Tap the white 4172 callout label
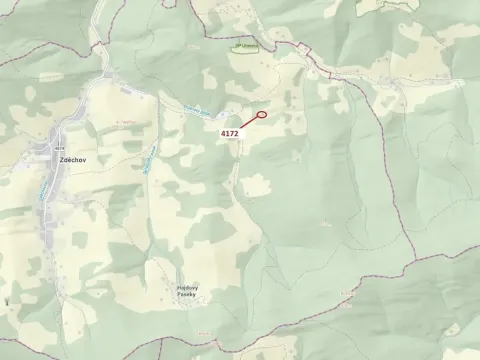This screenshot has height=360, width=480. click(x=230, y=132)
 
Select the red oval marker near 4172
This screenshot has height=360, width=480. click(x=262, y=114)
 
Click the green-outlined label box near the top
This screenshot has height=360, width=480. click(x=245, y=46)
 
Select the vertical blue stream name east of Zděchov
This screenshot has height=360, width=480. click(x=148, y=160)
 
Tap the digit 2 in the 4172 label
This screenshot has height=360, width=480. click(x=237, y=132)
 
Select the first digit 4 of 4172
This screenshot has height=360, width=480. click(x=223, y=132)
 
